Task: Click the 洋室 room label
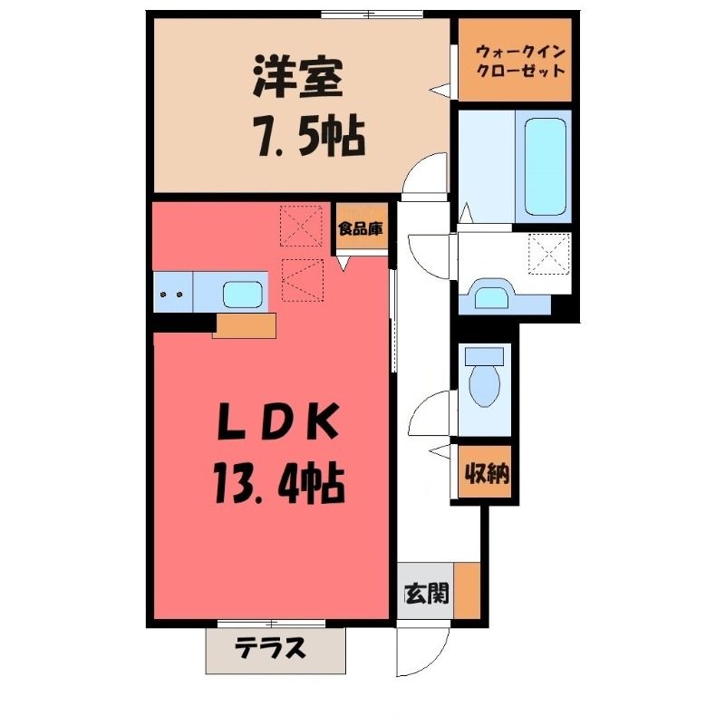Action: [x=298, y=79]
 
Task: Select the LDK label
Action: [x=278, y=421]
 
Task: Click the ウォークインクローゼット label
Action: [x=520, y=61]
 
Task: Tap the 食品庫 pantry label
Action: [x=361, y=228]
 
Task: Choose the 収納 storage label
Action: [x=487, y=472]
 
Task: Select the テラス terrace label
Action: [x=270, y=648]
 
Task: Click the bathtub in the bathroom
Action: [x=546, y=167]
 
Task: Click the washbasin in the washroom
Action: [x=490, y=295]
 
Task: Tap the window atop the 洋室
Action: [x=372, y=14]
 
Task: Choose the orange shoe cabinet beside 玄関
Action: [x=467, y=591]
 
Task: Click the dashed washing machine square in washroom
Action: [x=549, y=254]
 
